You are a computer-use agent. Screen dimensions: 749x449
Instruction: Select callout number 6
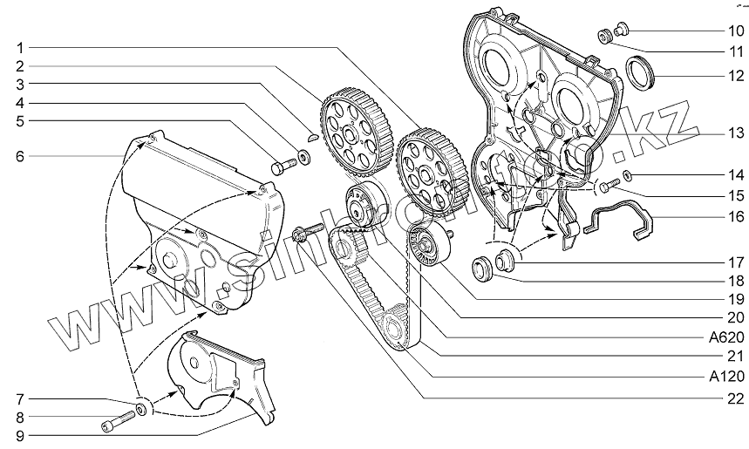(19, 156)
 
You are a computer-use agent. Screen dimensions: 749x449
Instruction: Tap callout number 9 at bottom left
(19, 432)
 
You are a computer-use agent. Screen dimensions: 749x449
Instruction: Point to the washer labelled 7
(140, 408)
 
